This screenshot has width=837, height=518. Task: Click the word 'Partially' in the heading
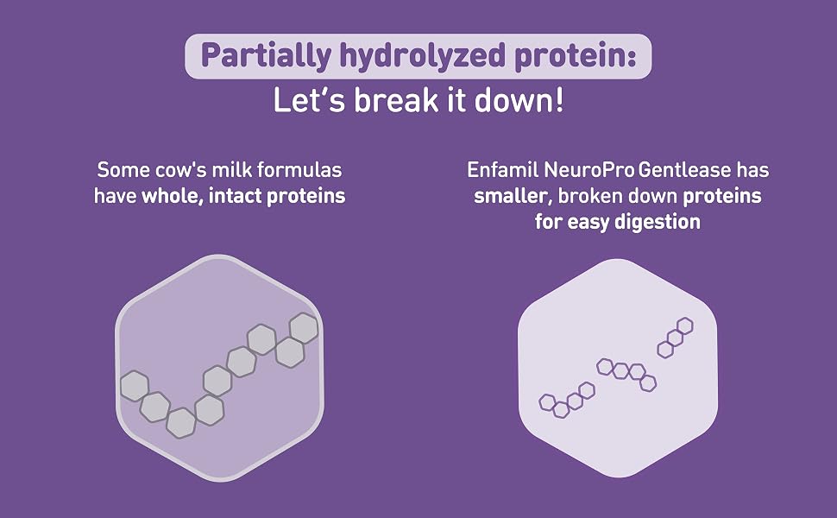point(266,56)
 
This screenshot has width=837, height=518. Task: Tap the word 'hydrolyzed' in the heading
point(423,56)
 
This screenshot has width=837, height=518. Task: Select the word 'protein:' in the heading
point(576,55)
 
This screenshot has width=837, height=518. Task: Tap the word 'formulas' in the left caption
point(299,169)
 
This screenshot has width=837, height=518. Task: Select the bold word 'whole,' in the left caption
point(172,196)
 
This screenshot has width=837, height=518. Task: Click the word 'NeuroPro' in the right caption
point(589,170)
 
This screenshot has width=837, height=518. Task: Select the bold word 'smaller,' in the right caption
point(513,196)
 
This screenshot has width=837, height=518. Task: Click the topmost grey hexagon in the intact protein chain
point(304,328)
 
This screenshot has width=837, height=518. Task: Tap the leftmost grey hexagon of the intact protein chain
point(134,386)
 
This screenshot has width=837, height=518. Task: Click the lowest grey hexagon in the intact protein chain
point(181,422)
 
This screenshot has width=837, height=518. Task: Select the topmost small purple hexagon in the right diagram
point(685,325)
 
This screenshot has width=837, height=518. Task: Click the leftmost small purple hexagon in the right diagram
point(548,402)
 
